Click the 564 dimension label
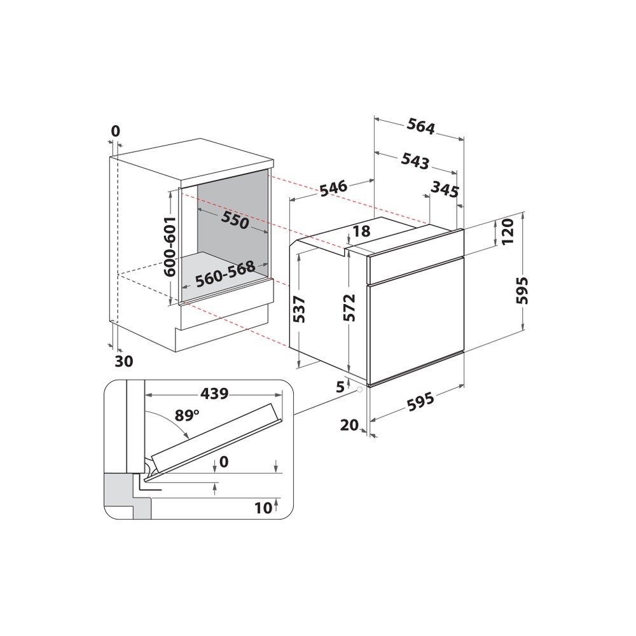[x=422, y=128]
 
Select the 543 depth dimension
[x=415, y=161]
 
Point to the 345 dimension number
[x=445, y=189]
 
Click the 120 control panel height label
[x=507, y=233]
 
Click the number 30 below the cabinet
[x=124, y=361]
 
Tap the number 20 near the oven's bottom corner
[x=349, y=425]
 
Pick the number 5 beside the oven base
[x=340, y=386]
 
